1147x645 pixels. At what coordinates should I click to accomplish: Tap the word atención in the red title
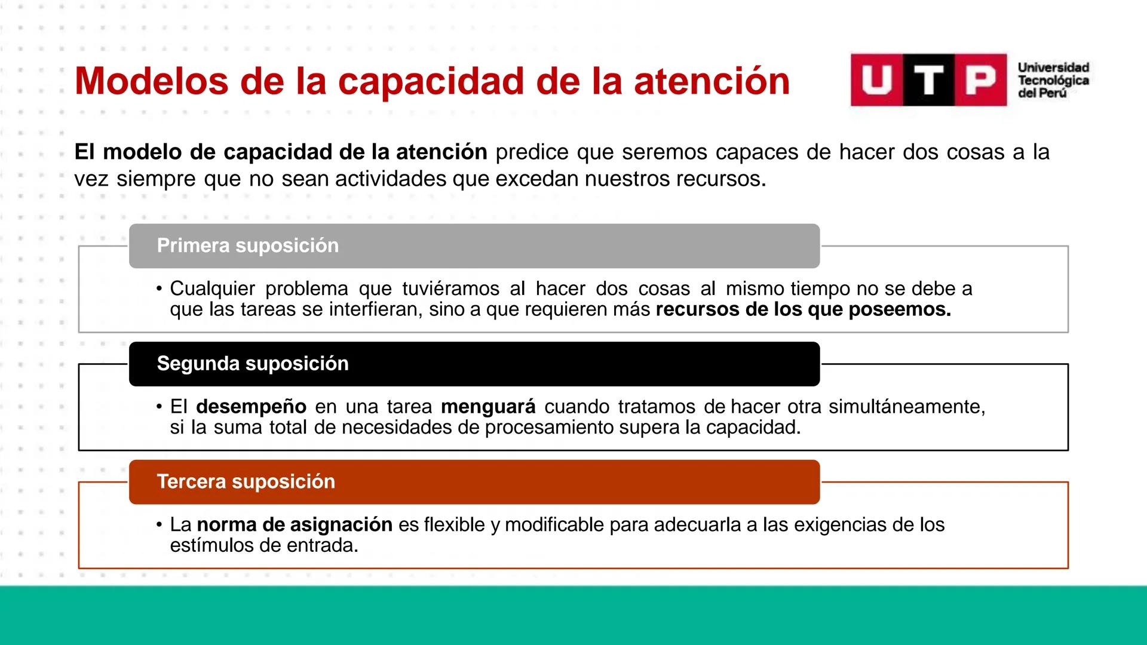[711, 81]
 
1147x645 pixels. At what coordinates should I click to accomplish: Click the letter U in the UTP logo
[876, 80]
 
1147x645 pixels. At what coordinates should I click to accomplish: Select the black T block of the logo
[928, 80]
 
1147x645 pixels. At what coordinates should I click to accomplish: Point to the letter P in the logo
[980, 80]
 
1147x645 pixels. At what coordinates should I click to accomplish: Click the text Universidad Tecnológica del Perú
[1053, 81]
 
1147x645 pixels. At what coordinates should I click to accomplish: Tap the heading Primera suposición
[247, 245]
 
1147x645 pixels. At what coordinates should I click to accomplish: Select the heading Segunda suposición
[252, 364]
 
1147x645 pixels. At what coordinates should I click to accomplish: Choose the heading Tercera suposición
[246, 481]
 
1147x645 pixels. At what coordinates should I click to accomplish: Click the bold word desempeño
[251, 407]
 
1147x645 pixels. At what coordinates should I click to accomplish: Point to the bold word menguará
[488, 407]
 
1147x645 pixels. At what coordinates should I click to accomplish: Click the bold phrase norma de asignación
[295, 525]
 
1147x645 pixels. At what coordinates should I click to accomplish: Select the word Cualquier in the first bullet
[212, 289]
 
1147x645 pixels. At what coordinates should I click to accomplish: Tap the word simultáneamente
[907, 407]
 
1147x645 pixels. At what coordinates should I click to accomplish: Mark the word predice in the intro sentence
[532, 152]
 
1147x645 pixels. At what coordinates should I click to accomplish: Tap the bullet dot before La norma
[159, 525]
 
